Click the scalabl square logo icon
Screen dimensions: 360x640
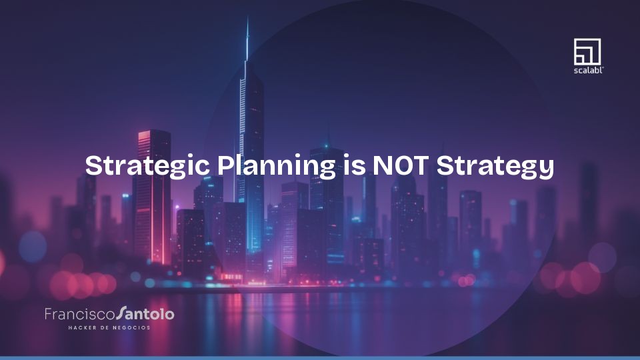point(587,52)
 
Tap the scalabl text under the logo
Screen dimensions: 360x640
point(587,69)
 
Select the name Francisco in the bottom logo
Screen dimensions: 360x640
point(79,313)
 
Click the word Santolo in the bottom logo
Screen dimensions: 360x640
point(145,313)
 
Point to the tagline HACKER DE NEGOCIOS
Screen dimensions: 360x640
point(109,327)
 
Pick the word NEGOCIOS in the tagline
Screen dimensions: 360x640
point(131,327)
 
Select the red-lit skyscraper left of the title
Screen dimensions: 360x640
point(152,193)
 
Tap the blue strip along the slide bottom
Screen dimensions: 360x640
point(320,358)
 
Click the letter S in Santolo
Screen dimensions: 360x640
point(120,313)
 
